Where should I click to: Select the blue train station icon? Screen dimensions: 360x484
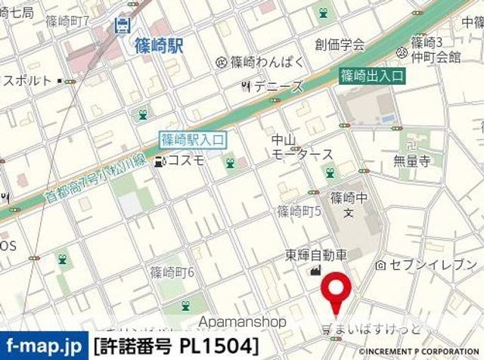[x=121, y=25]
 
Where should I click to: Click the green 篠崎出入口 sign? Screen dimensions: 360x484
[x=371, y=76]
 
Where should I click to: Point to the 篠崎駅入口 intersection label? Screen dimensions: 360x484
[x=192, y=140]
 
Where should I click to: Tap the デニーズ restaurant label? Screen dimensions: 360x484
[x=278, y=86]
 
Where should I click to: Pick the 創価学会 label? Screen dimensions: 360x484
[x=340, y=44]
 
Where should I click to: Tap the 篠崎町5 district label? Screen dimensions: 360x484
[x=299, y=211]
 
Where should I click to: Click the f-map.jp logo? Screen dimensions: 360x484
[x=43, y=346]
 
